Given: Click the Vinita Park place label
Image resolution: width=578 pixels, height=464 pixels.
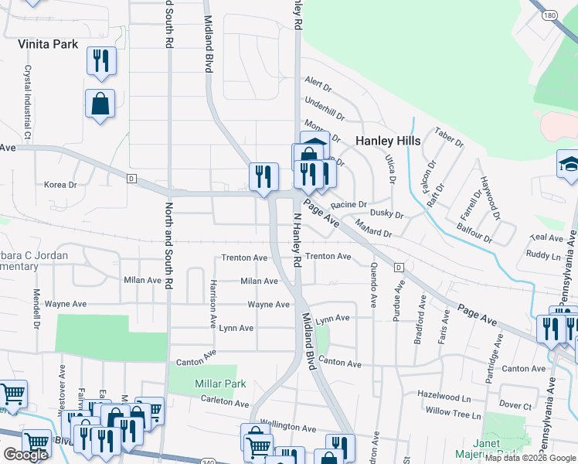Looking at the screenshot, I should pyautogui.click(x=48, y=44).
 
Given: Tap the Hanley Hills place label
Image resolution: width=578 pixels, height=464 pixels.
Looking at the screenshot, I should pyautogui.click(x=388, y=141).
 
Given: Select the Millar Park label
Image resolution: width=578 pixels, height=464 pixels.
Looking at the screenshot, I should pyautogui.click(x=220, y=384).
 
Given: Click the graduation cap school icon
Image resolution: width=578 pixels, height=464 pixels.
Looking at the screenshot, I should pyautogui.click(x=569, y=164).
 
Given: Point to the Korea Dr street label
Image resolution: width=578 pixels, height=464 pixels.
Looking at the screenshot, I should pyautogui.click(x=61, y=185).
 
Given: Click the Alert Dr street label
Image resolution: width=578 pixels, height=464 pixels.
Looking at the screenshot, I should pyautogui.click(x=318, y=81).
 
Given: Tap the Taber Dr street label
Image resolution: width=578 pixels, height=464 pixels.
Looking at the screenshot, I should pyautogui.click(x=449, y=138).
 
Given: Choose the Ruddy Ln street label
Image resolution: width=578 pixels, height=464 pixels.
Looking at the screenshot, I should pyautogui.click(x=544, y=254).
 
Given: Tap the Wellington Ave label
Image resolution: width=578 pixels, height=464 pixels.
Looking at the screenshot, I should pyautogui.click(x=288, y=427).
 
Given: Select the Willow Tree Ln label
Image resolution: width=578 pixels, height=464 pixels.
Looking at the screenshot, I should pyautogui.click(x=454, y=413).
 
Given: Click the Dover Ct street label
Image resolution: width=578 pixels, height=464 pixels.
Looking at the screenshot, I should pyautogui.click(x=515, y=404).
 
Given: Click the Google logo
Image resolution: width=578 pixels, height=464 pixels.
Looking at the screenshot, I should pyautogui.click(x=25, y=454).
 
